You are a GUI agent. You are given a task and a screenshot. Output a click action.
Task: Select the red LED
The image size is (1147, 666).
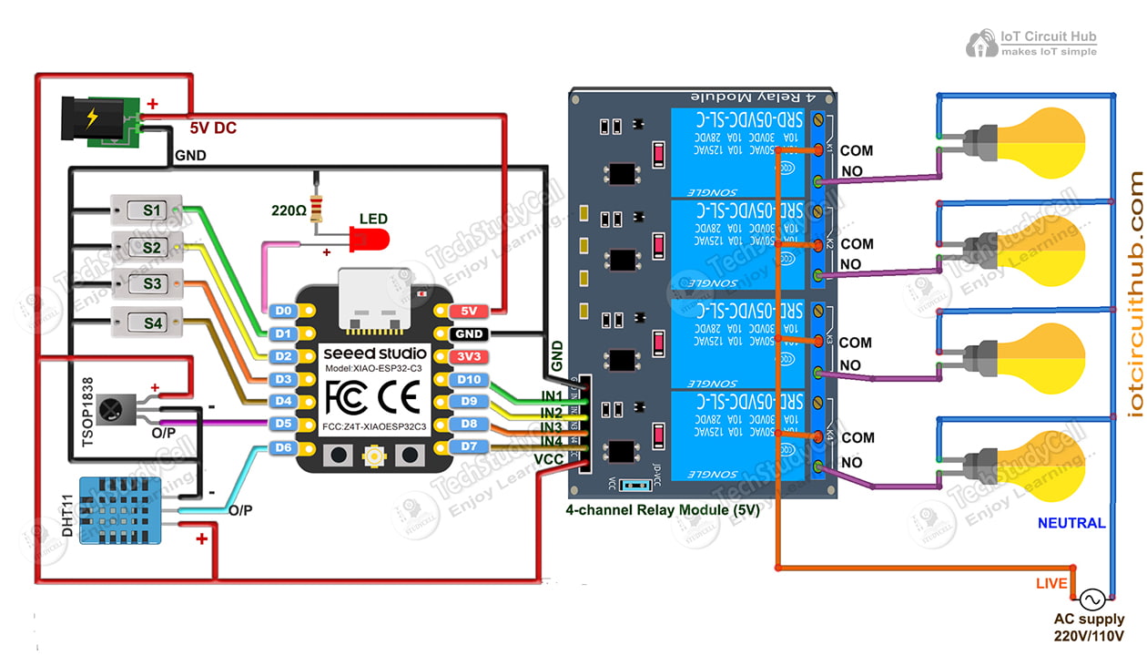(x=369, y=241)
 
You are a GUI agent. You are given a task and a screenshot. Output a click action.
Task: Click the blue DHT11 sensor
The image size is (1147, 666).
(x=120, y=510)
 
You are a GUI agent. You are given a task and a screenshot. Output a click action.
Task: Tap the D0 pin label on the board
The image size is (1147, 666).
(x=284, y=312)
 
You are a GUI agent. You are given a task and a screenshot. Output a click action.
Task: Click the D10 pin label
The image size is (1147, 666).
(x=469, y=379)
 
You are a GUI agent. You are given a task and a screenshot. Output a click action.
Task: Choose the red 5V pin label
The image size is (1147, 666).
(x=468, y=312)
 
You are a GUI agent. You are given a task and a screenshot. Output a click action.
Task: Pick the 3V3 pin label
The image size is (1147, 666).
(x=468, y=356)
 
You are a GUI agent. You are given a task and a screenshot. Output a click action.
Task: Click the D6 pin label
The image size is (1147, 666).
(x=283, y=447)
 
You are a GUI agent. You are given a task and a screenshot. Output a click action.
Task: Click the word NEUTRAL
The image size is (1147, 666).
(x=1071, y=523)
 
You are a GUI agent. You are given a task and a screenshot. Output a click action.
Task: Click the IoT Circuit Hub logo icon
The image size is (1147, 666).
(x=981, y=43)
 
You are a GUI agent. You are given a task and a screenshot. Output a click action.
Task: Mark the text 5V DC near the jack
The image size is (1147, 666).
(x=213, y=128)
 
